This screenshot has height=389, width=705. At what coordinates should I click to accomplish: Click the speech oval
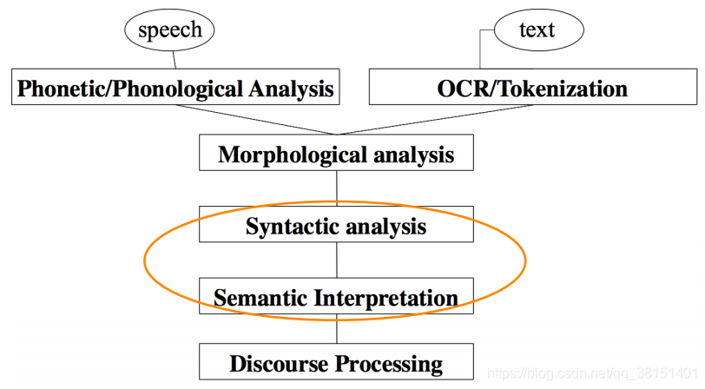(170, 30)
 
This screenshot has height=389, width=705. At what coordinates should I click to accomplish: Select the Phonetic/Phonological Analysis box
(175, 88)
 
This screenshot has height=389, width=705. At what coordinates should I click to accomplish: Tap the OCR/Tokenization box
(533, 88)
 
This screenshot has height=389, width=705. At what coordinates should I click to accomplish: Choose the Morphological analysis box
(336, 155)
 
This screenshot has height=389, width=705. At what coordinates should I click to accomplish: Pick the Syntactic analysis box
(336, 226)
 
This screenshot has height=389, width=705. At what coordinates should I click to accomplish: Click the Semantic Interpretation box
(336, 298)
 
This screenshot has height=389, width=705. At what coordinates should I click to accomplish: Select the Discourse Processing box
(336, 362)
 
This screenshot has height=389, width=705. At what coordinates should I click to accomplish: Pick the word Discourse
(273, 363)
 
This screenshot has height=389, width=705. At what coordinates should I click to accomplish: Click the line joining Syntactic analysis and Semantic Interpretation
(336, 260)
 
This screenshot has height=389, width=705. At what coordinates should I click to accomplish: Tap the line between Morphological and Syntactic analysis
(336, 188)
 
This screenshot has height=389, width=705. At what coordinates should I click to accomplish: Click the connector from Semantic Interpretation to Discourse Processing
(336, 330)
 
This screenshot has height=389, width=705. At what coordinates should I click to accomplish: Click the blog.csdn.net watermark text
(590, 373)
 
